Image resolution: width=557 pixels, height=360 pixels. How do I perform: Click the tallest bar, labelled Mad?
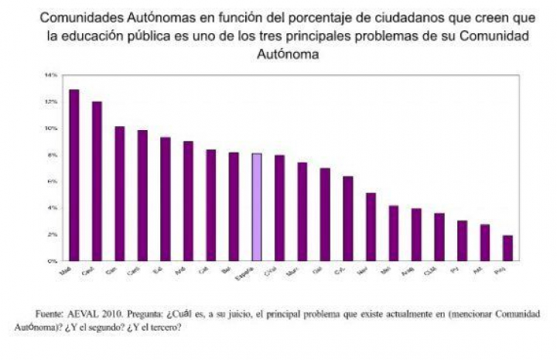tap(74, 175)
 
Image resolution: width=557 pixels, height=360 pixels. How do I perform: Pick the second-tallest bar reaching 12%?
tap(97, 181)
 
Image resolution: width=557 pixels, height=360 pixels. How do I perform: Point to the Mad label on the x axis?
tap(67, 270)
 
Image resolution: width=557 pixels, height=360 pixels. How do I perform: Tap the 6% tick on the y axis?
tap(52, 181)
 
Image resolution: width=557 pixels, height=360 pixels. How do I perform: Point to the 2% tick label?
tap(52, 234)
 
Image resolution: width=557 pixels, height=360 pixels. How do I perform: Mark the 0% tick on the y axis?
tap(52, 261)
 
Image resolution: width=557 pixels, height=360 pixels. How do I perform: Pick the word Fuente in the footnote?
tap(50, 315)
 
